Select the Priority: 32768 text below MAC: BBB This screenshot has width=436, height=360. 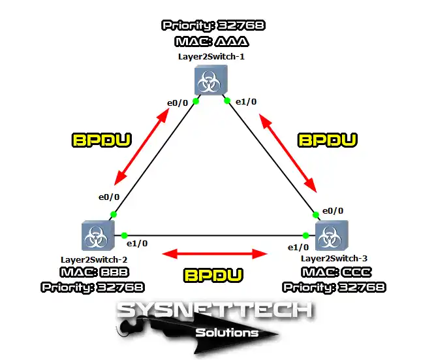[93, 286]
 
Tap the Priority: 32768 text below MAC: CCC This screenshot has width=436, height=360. [334, 286]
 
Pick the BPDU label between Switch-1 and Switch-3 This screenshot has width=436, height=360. [328, 139]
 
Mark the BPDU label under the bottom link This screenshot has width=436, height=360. [214, 274]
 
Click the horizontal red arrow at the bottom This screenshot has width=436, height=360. [215, 253]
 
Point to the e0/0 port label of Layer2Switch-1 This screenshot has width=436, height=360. [178, 103]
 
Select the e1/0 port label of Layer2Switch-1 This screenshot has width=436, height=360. [245, 103]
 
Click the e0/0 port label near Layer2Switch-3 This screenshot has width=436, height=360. [333, 210]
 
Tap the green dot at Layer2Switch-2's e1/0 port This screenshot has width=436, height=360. [123, 235]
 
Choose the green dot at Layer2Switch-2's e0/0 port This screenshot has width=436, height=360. [114, 214]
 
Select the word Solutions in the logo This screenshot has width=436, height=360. [227, 333]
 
